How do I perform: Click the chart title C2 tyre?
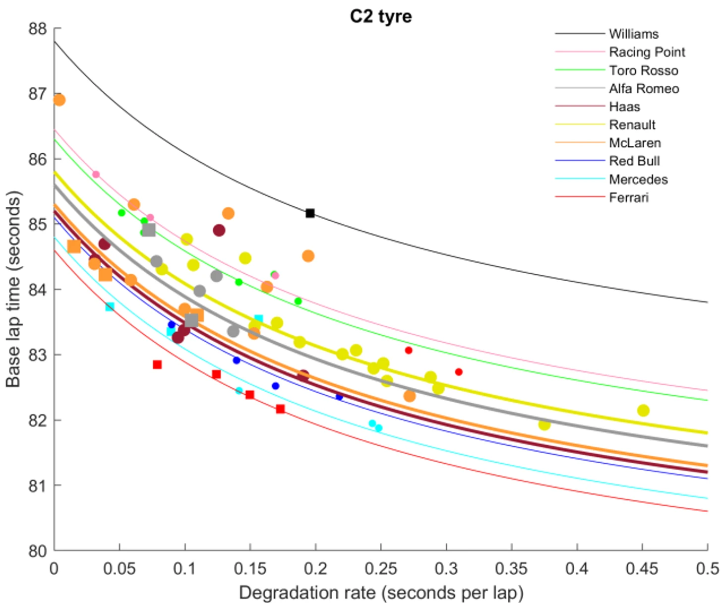pos(380,16)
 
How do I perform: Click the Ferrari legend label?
pos(628,197)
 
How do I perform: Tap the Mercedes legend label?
pos(638,179)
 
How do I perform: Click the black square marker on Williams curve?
pos(310,213)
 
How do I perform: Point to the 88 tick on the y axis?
pos(37,29)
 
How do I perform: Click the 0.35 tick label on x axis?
pos(511,568)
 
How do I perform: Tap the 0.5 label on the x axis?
pos(707,568)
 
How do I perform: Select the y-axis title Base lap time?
pos(13,289)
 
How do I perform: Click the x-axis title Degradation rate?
pos(380,593)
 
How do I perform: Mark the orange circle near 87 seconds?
pos(59,100)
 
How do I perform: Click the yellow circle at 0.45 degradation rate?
pos(643,410)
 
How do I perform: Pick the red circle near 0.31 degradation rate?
pos(459,372)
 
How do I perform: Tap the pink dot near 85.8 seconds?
pos(96,175)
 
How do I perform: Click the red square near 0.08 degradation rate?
pos(157,364)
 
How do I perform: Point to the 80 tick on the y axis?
pos(37,550)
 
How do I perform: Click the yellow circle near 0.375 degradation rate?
pos(544,424)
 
